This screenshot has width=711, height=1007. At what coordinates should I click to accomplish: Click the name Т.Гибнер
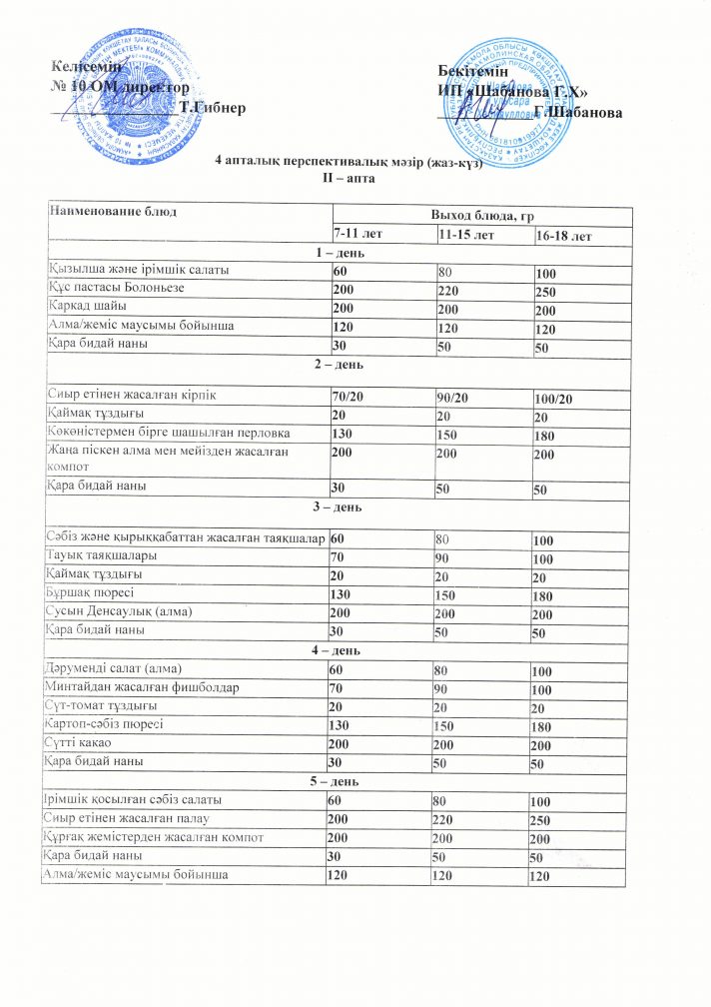click(212, 106)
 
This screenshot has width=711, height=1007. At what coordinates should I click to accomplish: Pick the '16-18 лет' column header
click(563, 236)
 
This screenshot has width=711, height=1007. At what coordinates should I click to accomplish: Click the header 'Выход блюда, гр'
click(480, 216)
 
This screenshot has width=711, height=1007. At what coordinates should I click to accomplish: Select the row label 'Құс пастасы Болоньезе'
click(116, 290)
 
